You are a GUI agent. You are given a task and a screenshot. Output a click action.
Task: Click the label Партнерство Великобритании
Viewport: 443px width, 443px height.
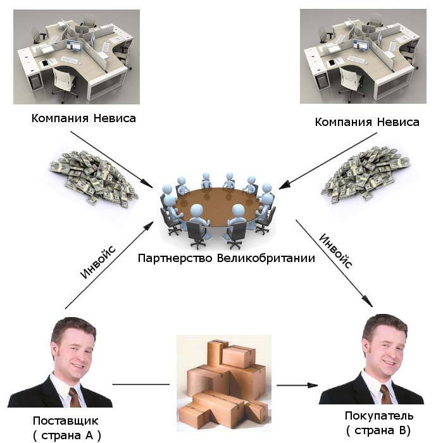[227, 258]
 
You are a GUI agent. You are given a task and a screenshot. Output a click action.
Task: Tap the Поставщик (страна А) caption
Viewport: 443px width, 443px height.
[66, 428]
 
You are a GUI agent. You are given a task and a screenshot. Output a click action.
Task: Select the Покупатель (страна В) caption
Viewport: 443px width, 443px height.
[379, 423]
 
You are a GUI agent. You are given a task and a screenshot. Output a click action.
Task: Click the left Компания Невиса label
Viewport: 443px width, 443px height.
[84, 118]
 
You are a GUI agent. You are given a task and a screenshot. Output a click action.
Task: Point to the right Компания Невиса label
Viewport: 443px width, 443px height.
[367, 122]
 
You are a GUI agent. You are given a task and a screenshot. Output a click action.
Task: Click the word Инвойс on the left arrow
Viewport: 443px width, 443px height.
[97, 262]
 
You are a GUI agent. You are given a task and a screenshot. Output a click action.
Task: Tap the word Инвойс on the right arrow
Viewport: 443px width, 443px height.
[335, 251]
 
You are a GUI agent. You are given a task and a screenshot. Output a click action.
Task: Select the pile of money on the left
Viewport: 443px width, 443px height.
[94, 179]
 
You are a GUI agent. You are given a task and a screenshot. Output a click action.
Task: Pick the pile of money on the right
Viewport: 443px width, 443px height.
[365, 174]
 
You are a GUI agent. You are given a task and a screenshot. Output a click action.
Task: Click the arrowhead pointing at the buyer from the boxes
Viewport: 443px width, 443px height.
[313, 385]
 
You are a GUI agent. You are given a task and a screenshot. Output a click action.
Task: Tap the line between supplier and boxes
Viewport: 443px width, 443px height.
[141, 384]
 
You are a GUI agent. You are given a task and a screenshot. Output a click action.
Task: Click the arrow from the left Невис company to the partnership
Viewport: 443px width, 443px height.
[111, 159]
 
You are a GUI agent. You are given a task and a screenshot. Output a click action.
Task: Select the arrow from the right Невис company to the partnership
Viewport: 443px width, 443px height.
[328, 161]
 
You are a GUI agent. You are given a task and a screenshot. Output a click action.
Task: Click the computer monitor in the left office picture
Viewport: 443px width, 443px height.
[74, 45]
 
